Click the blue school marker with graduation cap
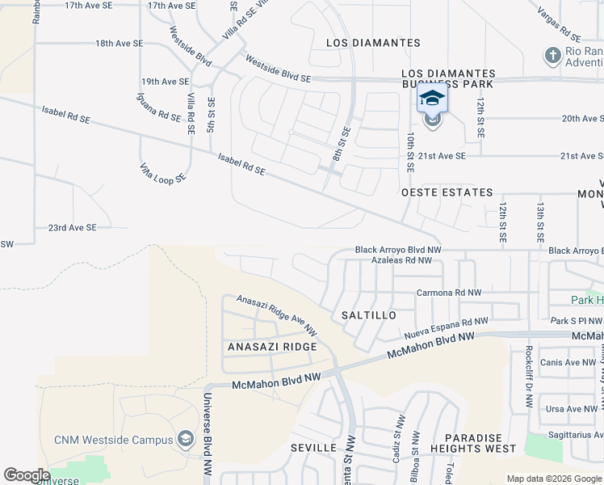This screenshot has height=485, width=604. tap(432, 99)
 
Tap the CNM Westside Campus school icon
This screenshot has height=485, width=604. tap(186, 439)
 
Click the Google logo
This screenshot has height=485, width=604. tap(27, 475)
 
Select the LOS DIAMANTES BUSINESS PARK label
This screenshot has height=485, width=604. tap(447, 78)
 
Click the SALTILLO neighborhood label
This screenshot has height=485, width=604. tap(368, 314)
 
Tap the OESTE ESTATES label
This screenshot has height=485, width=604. tap(447, 192)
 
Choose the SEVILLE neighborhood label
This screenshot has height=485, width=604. tap(313, 447)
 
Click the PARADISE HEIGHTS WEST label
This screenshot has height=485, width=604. tap(473, 442)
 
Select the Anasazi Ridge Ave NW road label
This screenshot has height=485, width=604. tap(277, 314)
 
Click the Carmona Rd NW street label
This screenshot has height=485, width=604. tap(449, 293)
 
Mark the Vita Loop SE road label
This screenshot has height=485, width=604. tap(162, 173)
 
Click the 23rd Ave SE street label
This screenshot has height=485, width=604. tap(72, 228)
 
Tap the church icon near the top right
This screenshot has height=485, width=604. tap(553, 56)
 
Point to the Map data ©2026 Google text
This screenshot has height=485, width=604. tap(553, 479)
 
